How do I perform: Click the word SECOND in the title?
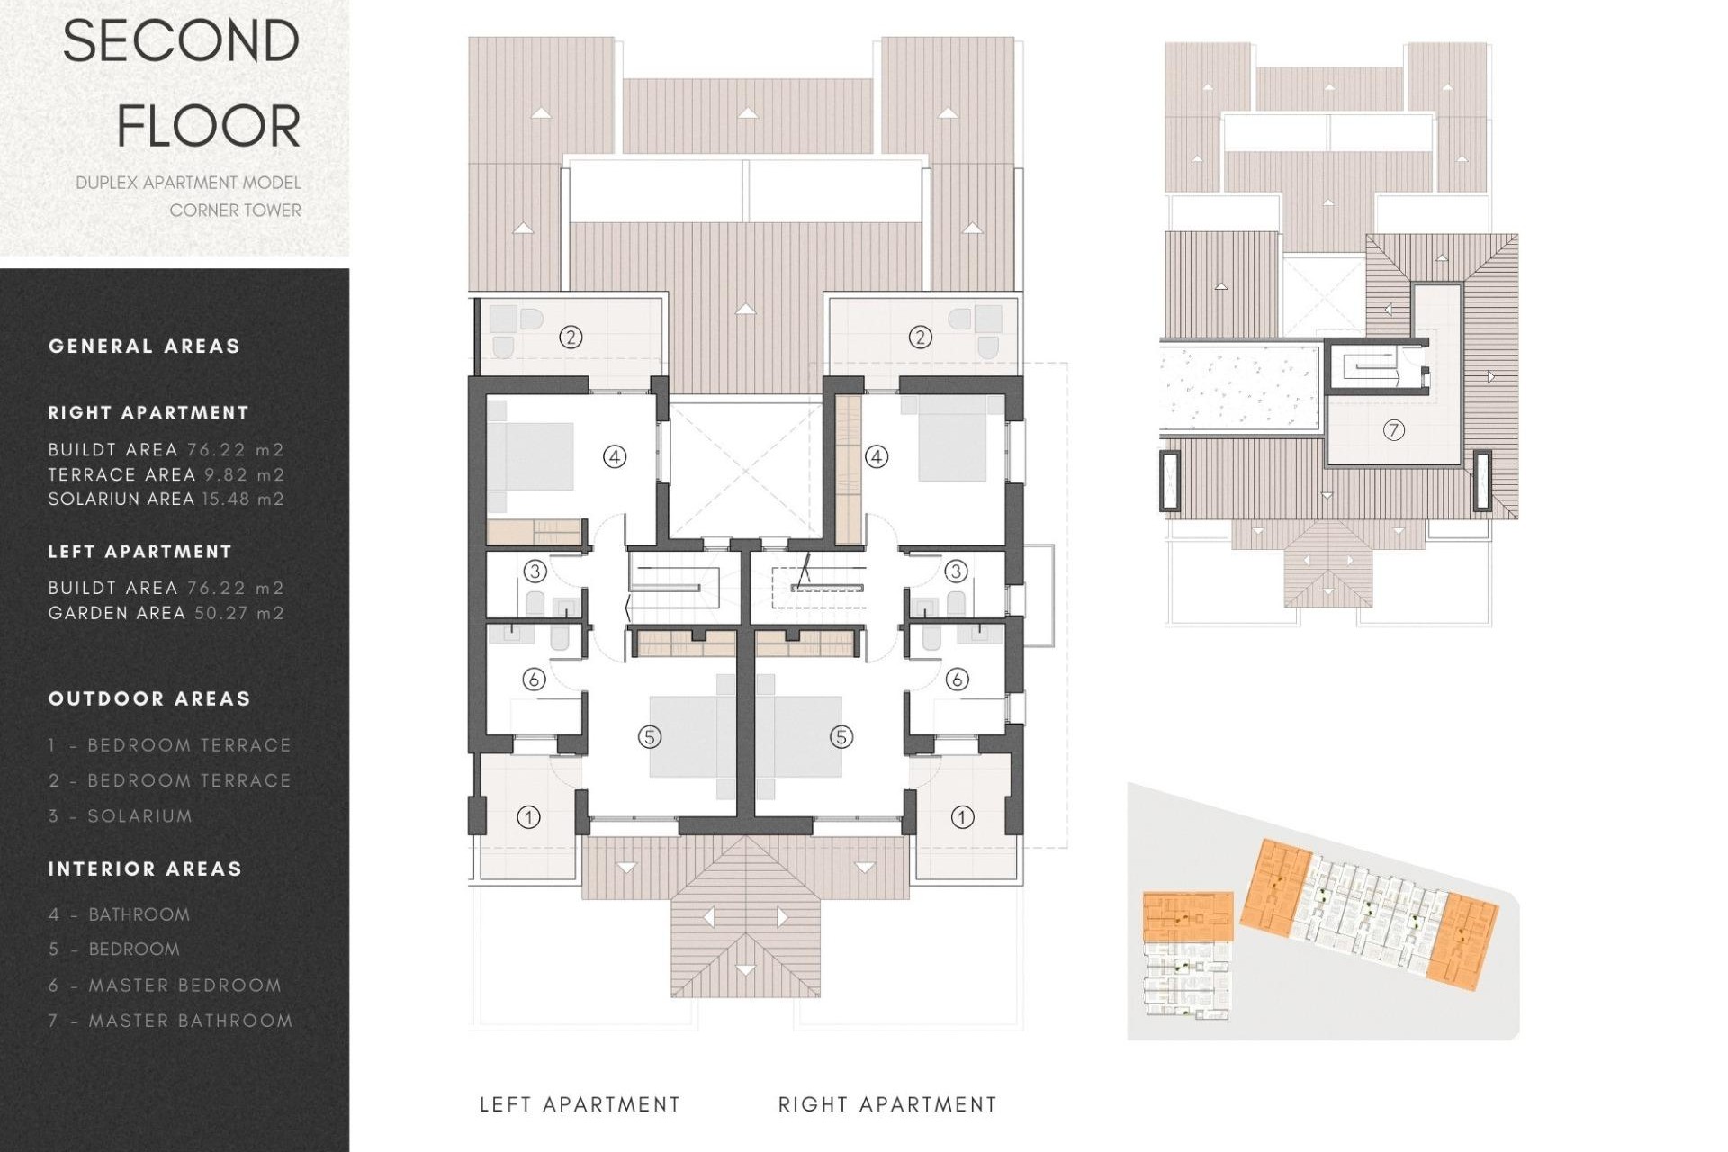(181, 41)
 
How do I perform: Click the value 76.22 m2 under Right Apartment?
(236, 450)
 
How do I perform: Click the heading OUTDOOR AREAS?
(149, 699)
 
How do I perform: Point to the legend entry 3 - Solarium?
(121, 816)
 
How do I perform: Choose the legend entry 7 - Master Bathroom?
(171, 1021)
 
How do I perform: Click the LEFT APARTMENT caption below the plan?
(580, 1105)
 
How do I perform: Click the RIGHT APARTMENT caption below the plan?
(887, 1105)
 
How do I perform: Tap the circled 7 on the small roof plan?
(1393, 430)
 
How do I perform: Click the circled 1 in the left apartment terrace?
(528, 817)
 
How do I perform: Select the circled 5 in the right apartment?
(841, 737)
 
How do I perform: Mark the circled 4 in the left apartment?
(614, 457)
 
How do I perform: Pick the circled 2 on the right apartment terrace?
(920, 337)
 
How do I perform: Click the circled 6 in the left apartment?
(534, 679)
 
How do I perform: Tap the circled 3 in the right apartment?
(956, 571)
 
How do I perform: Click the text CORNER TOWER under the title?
(235, 211)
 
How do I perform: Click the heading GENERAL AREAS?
(145, 346)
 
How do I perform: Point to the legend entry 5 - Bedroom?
(114, 949)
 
